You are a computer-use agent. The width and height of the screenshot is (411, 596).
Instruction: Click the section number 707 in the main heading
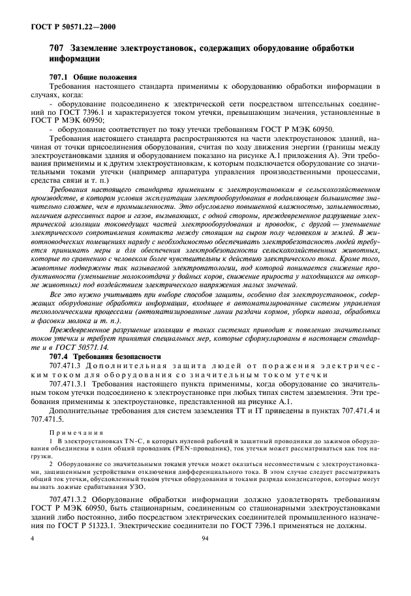pos(57,49)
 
